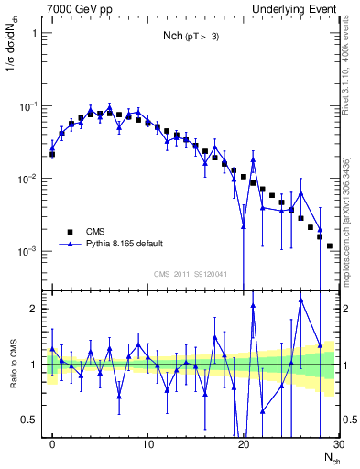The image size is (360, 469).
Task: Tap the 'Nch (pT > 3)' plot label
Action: tap(191, 37)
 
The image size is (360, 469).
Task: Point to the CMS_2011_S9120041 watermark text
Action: tap(191, 275)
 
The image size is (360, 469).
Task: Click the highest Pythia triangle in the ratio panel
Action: tap(300, 300)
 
